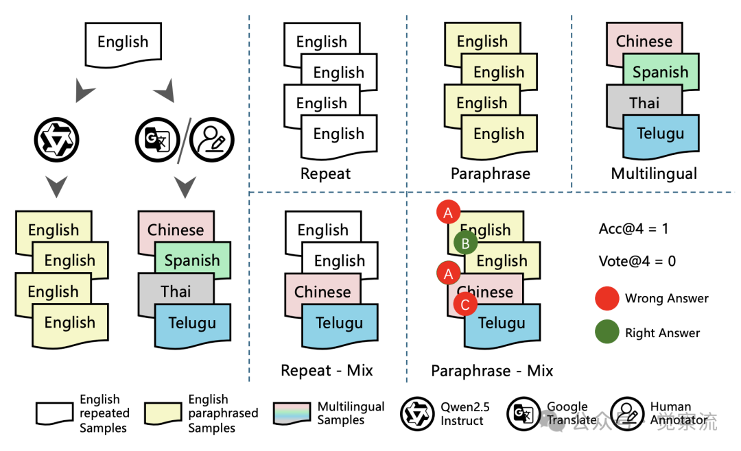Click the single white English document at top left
(123, 42)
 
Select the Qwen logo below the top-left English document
(56, 140)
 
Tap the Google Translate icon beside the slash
(156, 140)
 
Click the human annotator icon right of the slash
(211, 140)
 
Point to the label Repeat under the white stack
(326, 174)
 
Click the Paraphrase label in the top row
(490, 174)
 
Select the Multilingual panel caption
(654, 174)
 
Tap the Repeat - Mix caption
(327, 371)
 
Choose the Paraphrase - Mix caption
(492, 371)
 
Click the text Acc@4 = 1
(633, 229)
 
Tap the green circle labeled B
(465, 243)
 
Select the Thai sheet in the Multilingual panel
(644, 103)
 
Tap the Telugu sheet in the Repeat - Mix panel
(340, 323)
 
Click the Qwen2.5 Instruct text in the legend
(464, 414)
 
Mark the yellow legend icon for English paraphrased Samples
(163, 413)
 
